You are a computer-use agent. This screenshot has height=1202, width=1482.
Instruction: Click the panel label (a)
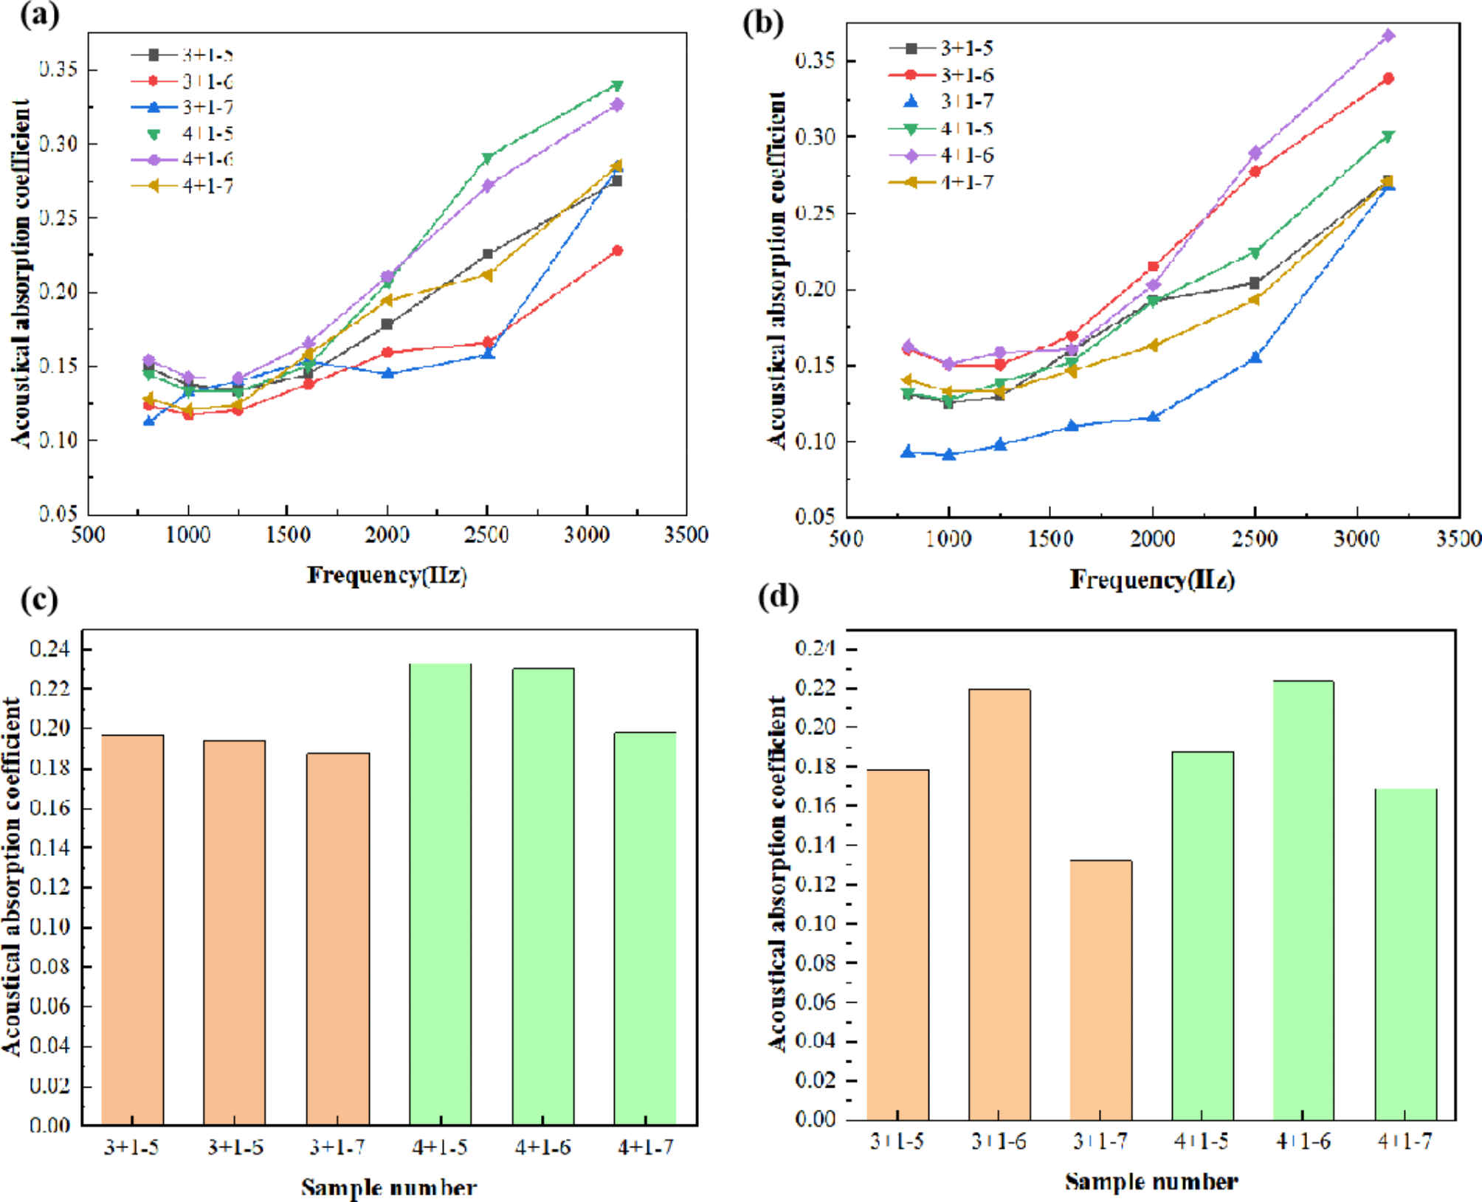39,15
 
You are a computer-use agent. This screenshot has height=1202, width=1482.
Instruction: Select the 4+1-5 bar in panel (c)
440,893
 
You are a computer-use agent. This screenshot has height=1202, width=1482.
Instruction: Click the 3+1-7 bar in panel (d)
1100,989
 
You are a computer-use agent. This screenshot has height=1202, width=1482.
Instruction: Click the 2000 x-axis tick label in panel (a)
387,534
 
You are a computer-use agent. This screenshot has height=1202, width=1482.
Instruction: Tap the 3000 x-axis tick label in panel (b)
1357,539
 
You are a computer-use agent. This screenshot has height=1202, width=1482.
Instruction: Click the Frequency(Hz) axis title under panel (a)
387,575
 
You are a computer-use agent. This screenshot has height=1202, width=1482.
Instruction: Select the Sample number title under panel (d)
1151,1181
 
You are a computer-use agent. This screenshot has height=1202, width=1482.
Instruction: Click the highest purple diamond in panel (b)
1388,35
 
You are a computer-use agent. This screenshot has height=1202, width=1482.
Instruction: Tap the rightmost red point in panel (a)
617,251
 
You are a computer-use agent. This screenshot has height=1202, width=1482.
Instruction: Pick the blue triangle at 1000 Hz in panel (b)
949,455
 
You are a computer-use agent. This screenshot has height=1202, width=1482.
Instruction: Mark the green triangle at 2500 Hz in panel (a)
487,158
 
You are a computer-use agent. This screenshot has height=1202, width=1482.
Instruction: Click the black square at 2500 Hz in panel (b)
1255,283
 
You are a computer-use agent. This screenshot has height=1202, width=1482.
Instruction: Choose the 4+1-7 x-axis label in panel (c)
645,1147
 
